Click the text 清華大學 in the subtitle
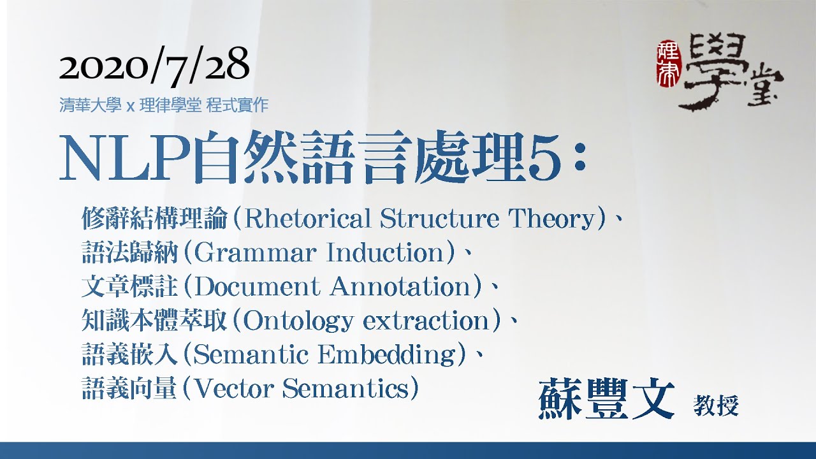click(91, 106)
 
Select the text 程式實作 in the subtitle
click(237, 106)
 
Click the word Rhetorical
click(309, 219)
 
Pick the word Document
click(257, 287)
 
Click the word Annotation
click(401, 287)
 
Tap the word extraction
click(426, 321)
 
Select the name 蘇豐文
click(606, 400)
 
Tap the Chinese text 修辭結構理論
click(154, 219)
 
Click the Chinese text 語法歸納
click(130, 253)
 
